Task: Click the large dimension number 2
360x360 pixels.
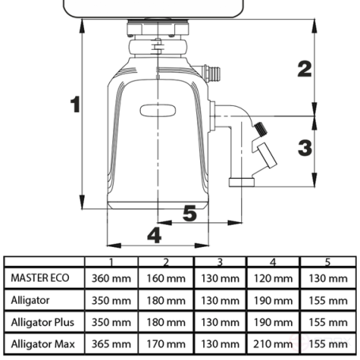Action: [x=304, y=69]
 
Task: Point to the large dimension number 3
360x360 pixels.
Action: [x=304, y=146]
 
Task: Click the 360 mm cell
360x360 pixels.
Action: [x=112, y=279]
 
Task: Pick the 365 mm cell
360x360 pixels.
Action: [x=112, y=345]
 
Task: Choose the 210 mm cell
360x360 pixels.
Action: [x=273, y=345]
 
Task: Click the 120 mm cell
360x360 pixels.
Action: [x=273, y=279]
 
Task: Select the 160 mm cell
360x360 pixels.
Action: [x=165, y=279]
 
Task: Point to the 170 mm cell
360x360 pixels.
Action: [x=165, y=345]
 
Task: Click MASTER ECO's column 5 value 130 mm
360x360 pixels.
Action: [x=328, y=279]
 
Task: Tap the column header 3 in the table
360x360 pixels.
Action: [x=219, y=262]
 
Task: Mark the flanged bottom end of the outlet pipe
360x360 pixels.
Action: [x=242, y=183]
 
